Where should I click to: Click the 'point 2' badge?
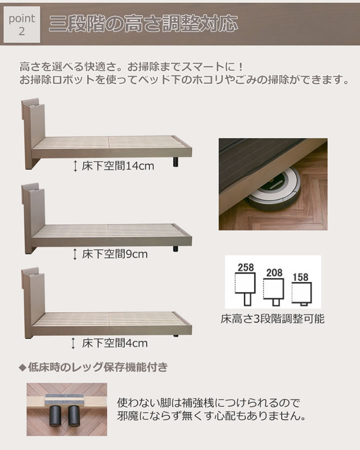tap(22, 24)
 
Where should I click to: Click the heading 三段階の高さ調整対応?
tap(143, 23)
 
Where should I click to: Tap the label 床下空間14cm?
tap(117, 166)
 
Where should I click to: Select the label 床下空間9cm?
tap(114, 254)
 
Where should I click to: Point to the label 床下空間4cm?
tap(114, 343)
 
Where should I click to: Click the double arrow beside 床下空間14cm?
tap(75, 166)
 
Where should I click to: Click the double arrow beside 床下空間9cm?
tap(75, 254)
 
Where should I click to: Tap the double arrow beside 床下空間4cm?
tap(73, 343)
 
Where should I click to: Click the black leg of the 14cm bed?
tap(175, 162)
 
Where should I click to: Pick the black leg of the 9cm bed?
tap(175, 248)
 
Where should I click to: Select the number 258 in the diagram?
tap(245, 267)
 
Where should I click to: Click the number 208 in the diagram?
tap(274, 272)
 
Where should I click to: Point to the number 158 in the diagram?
tap(300, 277)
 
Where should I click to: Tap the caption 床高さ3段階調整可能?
tap(272, 318)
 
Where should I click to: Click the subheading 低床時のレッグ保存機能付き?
tap(93, 367)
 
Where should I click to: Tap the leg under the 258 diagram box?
tap(247, 299)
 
